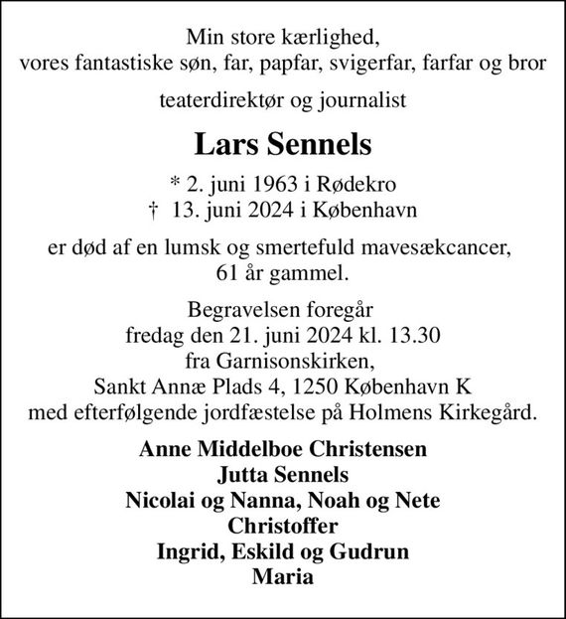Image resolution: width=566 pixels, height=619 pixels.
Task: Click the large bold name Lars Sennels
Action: click(x=283, y=145)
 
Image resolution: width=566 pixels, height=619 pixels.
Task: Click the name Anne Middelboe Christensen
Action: click(x=283, y=447)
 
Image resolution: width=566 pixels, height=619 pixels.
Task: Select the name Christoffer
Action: click(x=283, y=525)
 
